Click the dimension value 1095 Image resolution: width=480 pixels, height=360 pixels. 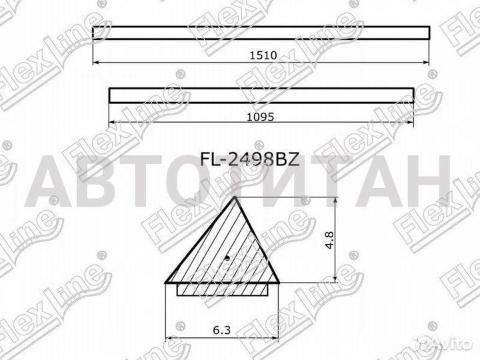[260, 115]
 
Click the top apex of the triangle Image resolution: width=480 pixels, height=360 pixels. [236, 198]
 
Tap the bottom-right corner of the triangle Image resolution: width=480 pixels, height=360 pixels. [279, 282]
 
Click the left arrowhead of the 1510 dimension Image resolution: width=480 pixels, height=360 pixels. [96, 62]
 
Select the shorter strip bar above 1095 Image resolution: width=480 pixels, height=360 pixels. [261, 95]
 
